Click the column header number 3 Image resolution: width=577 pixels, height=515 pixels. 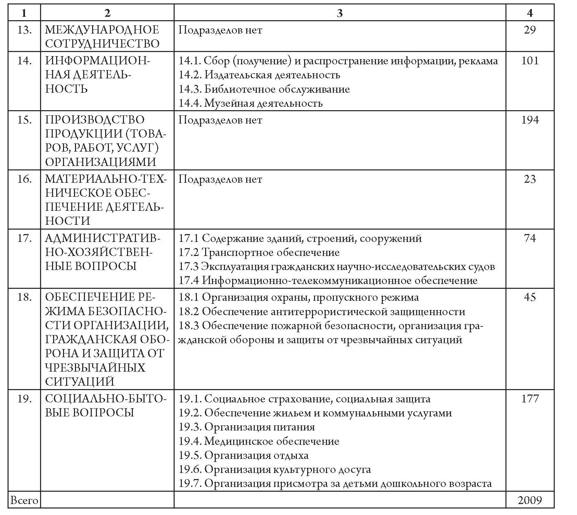click(339, 13)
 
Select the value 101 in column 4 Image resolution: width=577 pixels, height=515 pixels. click(530, 61)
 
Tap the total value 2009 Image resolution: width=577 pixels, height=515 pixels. click(530, 500)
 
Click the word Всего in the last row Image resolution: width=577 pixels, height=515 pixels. click(24, 500)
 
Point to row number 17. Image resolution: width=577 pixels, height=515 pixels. click(24, 238)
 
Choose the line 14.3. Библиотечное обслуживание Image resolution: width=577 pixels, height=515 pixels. click(264, 89)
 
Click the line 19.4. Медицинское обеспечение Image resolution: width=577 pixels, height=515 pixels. click(259, 441)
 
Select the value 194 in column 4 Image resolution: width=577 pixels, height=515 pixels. click(530, 120)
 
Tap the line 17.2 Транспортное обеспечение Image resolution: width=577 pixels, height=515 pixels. click(259, 253)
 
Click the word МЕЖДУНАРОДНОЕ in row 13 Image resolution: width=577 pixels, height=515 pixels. click(102, 30)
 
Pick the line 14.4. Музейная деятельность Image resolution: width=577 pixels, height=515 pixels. click(251, 103)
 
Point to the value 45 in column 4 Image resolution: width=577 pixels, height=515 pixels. click(530, 297)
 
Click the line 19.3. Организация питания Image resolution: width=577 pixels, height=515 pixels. click(247, 427)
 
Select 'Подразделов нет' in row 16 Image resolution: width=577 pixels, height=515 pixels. click(220, 179)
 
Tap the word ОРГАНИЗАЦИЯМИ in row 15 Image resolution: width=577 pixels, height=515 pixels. click(101, 162)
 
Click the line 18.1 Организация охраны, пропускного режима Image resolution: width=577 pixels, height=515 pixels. click(299, 297)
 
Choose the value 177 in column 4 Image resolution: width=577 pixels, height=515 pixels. click(530, 399)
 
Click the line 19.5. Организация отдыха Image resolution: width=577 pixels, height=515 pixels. click(243, 455)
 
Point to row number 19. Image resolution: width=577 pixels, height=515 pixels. click(24, 399)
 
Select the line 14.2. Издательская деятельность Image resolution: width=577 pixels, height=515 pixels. click(260, 75)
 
